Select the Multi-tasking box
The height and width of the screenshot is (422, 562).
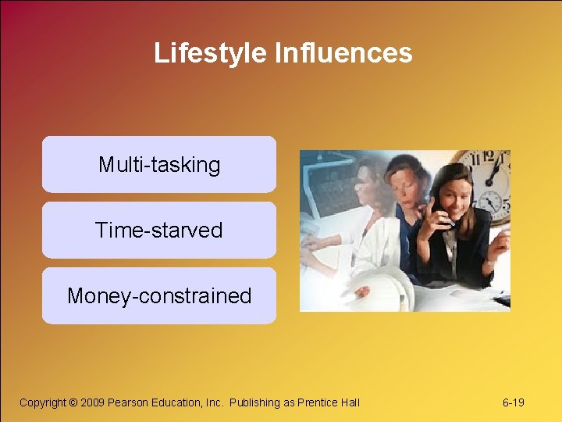[x=159, y=165]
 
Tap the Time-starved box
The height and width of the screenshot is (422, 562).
[x=159, y=231]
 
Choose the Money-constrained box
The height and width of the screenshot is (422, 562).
[x=159, y=296]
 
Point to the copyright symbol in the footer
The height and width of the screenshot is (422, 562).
[x=73, y=402]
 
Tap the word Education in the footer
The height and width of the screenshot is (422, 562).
[x=175, y=402]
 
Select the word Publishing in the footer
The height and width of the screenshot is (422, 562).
[x=254, y=402]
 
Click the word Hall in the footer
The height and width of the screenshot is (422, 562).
[x=350, y=402]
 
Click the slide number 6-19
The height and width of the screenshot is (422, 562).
[x=513, y=402]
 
